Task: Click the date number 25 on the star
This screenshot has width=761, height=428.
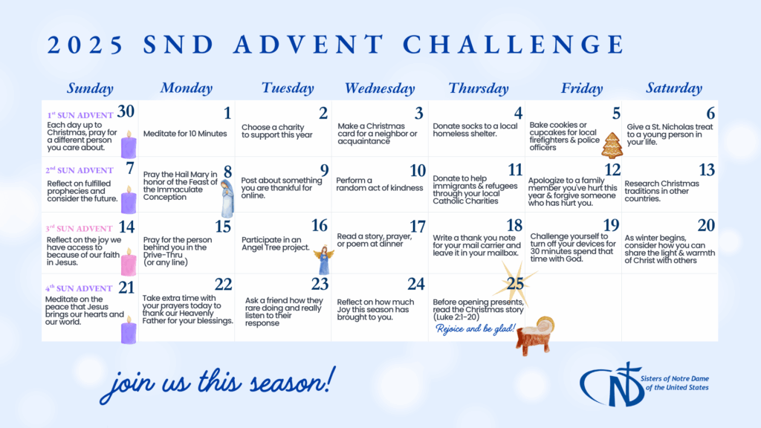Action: [x=515, y=283]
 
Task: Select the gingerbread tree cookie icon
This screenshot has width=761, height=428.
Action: [x=612, y=145]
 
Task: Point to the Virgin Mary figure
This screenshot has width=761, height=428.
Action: [x=227, y=198]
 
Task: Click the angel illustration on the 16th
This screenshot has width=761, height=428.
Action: [x=324, y=259]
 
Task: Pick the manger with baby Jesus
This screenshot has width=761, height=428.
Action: [x=536, y=335]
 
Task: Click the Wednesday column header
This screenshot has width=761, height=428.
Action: [x=380, y=88]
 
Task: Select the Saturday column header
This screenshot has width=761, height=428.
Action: [x=673, y=88]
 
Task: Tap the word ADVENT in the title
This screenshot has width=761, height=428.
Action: [x=308, y=45]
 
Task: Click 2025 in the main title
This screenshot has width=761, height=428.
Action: [x=85, y=45]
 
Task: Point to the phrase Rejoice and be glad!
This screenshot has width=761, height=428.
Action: [x=475, y=329]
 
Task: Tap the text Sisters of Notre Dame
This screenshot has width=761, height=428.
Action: [x=675, y=378]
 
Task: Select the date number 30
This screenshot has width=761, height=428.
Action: [x=126, y=111]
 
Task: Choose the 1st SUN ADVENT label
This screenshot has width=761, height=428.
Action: [x=80, y=115]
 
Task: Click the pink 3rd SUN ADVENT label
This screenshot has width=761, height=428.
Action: [x=79, y=229]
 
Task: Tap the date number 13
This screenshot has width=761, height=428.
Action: [x=707, y=170]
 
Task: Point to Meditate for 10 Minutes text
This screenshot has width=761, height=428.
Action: [x=185, y=134]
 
